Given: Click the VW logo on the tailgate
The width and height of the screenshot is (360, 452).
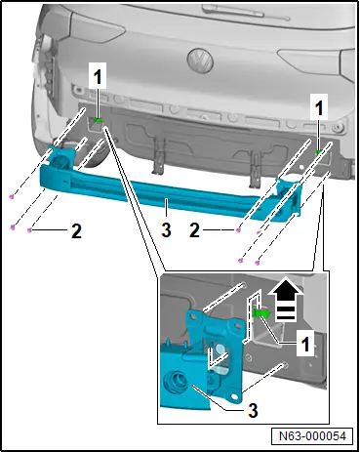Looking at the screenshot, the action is tap(200, 61).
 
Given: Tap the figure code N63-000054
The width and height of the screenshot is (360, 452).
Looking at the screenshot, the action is tap(312, 436).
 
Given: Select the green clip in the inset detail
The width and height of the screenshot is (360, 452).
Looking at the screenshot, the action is tap(261, 313).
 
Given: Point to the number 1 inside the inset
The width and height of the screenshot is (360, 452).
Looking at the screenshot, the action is tap(305, 344).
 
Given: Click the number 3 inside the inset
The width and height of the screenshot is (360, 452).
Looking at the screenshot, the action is tap(253, 410).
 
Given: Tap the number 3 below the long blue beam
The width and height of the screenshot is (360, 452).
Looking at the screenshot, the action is tap(166, 230).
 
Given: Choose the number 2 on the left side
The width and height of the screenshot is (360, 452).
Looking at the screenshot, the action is tap(76, 231).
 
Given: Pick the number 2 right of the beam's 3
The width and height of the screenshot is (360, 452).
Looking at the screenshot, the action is tap(194, 230).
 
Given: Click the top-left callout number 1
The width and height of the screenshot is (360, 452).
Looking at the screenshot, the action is tap(98, 77).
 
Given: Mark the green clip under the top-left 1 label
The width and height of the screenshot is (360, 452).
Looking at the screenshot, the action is tap(98, 120).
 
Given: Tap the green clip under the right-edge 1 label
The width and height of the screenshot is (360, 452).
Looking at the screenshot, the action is tap(319, 151).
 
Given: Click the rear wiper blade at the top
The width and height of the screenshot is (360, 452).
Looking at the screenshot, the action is tap(232, 11).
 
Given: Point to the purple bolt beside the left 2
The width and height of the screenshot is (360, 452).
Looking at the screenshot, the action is tap(29, 230).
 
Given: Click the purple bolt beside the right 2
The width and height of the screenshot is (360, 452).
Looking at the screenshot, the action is tap(238, 230).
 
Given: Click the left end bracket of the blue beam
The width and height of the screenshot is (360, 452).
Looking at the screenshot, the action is tap(60, 157).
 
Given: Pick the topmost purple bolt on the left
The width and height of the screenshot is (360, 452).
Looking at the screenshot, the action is tap(12, 196).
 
